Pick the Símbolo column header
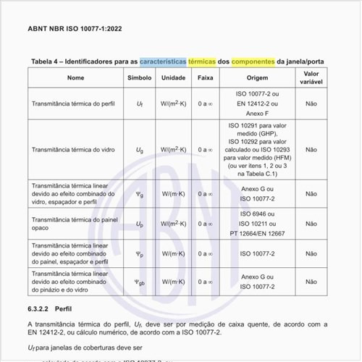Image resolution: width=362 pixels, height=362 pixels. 140,77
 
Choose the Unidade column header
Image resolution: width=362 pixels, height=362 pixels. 174,77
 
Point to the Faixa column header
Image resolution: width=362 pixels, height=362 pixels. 205,77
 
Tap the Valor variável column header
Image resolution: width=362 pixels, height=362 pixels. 311,77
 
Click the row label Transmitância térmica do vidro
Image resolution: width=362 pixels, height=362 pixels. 71,150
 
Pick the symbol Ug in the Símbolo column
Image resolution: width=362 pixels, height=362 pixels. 140,150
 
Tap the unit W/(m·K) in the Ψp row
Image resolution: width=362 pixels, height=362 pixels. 174,254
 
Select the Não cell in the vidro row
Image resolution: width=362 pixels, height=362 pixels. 311,150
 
